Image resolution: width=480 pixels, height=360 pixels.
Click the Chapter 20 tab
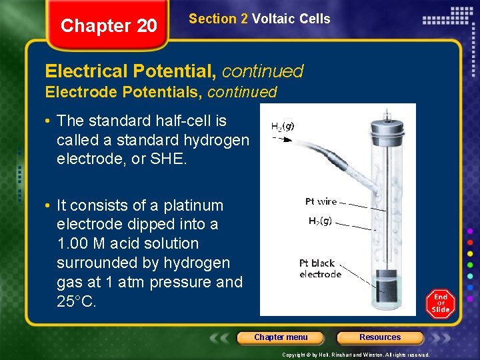click(x=109, y=26)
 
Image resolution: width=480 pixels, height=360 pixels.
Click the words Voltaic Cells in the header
click(x=291, y=19)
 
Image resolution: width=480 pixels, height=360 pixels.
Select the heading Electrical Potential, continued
click(x=174, y=71)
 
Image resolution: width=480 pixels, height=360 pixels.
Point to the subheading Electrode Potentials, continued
click(x=161, y=92)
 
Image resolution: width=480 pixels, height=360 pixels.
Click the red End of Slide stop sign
click(x=440, y=303)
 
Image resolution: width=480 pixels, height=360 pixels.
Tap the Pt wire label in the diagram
click(x=321, y=201)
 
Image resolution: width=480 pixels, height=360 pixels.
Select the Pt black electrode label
click(x=320, y=269)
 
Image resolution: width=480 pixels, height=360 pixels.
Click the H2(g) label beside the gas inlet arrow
click(x=283, y=125)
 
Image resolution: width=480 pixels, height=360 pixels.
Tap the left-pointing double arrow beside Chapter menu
click(x=222, y=337)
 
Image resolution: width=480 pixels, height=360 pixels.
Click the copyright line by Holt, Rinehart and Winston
click(x=355, y=355)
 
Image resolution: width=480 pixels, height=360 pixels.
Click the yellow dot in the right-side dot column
click(x=470, y=253)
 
